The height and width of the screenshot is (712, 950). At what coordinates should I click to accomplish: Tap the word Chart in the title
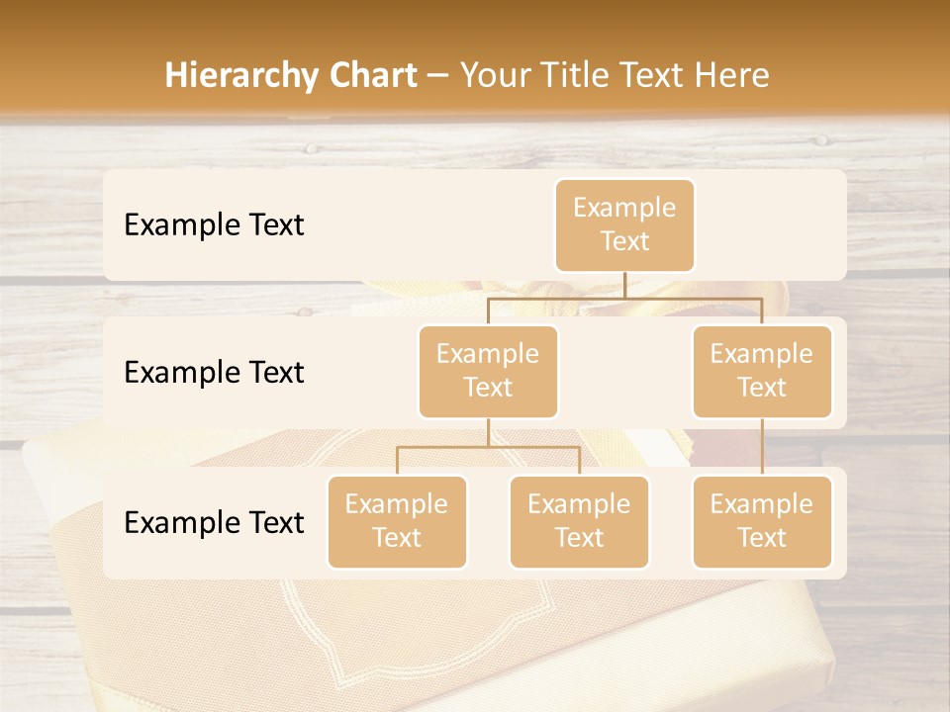373,75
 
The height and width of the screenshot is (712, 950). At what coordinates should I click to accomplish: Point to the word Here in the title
732,75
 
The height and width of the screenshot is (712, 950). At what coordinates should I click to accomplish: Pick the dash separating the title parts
438,76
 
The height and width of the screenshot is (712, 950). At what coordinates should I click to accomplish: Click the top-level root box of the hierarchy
624,225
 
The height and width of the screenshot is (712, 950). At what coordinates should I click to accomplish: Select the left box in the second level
488,372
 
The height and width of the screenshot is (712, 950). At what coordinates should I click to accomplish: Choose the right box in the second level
762,372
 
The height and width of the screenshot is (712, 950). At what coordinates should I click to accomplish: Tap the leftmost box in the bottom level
397,522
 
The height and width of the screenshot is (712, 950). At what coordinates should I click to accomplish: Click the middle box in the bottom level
579,522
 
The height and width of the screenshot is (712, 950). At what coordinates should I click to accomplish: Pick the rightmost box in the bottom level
762,522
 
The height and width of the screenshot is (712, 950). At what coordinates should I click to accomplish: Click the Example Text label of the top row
214,225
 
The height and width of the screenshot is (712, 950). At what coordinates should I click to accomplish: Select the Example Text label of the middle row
214,373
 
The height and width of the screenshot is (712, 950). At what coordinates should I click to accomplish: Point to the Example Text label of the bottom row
214,522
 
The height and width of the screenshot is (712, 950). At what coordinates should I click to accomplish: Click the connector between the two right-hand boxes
762,447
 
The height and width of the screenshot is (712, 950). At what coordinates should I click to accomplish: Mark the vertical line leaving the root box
624,285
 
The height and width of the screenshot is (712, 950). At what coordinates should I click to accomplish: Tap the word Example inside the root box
624,209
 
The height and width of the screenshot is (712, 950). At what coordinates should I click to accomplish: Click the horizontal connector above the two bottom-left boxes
488,447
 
